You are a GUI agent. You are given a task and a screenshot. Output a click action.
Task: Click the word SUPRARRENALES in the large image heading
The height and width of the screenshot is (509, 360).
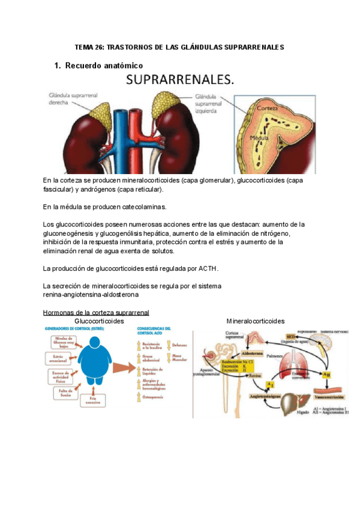[179, 80]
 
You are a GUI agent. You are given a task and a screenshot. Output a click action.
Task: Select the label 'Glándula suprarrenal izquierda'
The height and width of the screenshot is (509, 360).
[212, 103]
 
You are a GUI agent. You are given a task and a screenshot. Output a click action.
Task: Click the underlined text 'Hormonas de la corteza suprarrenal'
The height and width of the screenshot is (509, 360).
[96, 313]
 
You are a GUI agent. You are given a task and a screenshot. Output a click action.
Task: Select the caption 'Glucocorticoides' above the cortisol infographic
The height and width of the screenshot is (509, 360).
[99, 321]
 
